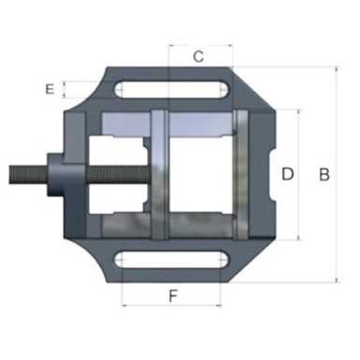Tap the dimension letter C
(198, 56)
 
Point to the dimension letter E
(50, 90)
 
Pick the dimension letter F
(173, 297)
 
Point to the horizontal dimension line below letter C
(200, 68)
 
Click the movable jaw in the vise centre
(158, 174)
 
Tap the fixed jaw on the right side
(241, 174)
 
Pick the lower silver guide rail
(187, 226)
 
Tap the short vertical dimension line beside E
(64, 90)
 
